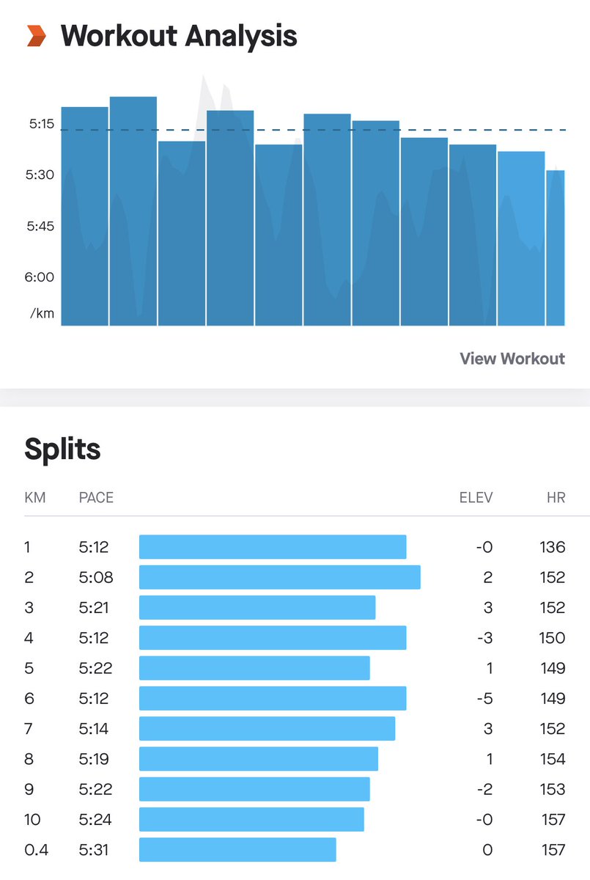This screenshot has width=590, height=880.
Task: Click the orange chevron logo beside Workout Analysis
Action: pos(37,35)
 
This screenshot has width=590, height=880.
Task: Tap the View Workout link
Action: pos(512,359)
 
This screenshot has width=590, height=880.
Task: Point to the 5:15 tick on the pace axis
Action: pos(42,124)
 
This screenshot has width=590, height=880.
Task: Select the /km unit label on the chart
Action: pos(42,313)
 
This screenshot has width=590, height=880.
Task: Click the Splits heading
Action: pos(62,449)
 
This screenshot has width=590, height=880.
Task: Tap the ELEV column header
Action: pos(476,498)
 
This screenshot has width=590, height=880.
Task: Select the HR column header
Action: pos(556,498)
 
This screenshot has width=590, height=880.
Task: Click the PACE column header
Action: pos(96,498)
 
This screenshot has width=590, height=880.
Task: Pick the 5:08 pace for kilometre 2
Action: pos(96,577)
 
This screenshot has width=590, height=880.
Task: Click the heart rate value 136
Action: pos(552,547)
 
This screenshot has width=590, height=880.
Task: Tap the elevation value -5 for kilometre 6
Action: pos(484,698)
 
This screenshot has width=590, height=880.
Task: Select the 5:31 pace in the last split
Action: pos(96,850)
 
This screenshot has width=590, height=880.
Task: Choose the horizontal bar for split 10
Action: pos(251,819)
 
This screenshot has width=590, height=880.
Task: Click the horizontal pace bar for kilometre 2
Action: pos(279,577)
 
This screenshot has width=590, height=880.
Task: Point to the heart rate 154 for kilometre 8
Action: pos(552,759)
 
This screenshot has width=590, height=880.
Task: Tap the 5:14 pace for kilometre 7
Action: pos(96,729)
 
